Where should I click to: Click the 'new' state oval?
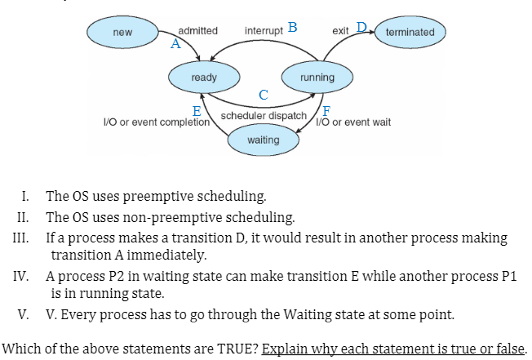point(122,32)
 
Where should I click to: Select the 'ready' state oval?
point(203,78)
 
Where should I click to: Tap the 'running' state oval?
point(317,78)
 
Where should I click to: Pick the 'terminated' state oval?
point(410,32)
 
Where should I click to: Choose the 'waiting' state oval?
point(264,140)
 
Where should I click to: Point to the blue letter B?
point(291,28)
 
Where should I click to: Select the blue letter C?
point(262,96)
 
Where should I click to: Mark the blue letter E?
point(197,111)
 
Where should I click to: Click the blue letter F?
point(326,111)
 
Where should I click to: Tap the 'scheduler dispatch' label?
point(264,117)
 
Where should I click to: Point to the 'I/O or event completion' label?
point(155,122)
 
